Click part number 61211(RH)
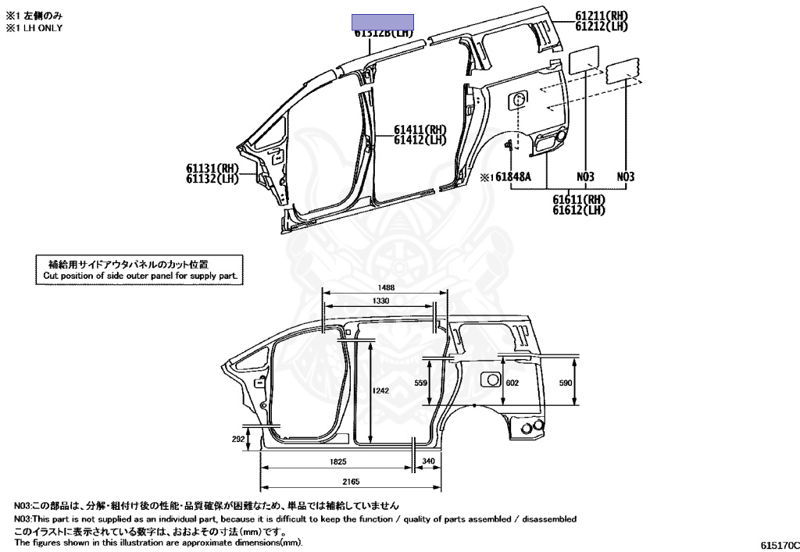tap(602, 16)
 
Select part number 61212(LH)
tap(602, 27)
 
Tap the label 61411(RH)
tap(420, 130)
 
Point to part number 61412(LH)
tap(420, 141)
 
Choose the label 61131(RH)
tap(212, 168)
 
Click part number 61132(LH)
tap(212, 179)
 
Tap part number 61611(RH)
tap(579, 199)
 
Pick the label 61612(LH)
tap(579, 210)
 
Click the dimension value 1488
tap(384, 287)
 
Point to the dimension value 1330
tap(381, 300)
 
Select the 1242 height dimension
tap(380, 390)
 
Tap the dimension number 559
tap(421, 383)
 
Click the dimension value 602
tap(512, 383)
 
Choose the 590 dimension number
tap(566, 383)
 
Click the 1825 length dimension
tap(338, 461)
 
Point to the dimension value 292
tap(238, 440)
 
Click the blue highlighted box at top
tap(382, 22)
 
